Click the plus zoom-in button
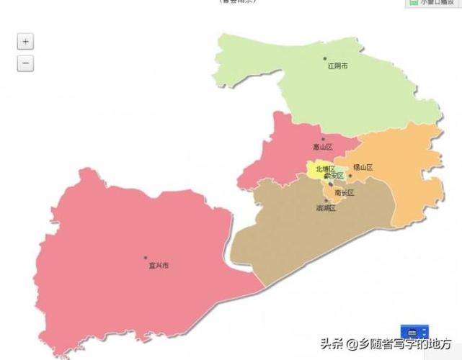coord(26,42)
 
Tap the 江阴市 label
coord(337,66)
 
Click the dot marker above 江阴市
coord(325,59)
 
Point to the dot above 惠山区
coord(323,139)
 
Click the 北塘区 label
coord(324,169)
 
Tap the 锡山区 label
coord(363,168)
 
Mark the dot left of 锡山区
coord(350,175)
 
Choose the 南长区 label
coord(345,193)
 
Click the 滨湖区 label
coord(326,208)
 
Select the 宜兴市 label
coord(159,266)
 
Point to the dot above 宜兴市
coord(146,258)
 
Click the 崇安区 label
coord(334,176)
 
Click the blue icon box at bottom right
coord(412,332)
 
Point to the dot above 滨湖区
coord(326,201)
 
